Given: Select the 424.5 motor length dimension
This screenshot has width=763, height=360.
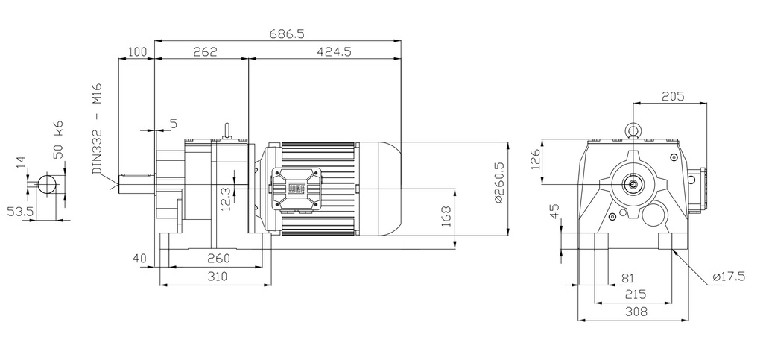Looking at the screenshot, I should (x=334, y=52).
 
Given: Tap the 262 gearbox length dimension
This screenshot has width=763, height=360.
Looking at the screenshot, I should (x=203, y=52).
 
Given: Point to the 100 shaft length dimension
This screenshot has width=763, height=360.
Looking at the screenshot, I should (x=138, y=52).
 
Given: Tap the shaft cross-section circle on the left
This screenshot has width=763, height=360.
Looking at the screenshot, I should (x=47, y=183).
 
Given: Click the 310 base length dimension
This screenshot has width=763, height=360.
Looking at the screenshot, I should (x=216, y=276).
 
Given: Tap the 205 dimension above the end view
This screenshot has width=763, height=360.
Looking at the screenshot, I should (x=672, y=95).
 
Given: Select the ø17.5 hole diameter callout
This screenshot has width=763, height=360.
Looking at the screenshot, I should (x=729, y=277).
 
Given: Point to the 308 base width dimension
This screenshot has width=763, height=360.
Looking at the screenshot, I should (x=635, y=311).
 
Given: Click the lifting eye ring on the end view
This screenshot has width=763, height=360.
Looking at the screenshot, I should (x=633, y=130).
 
